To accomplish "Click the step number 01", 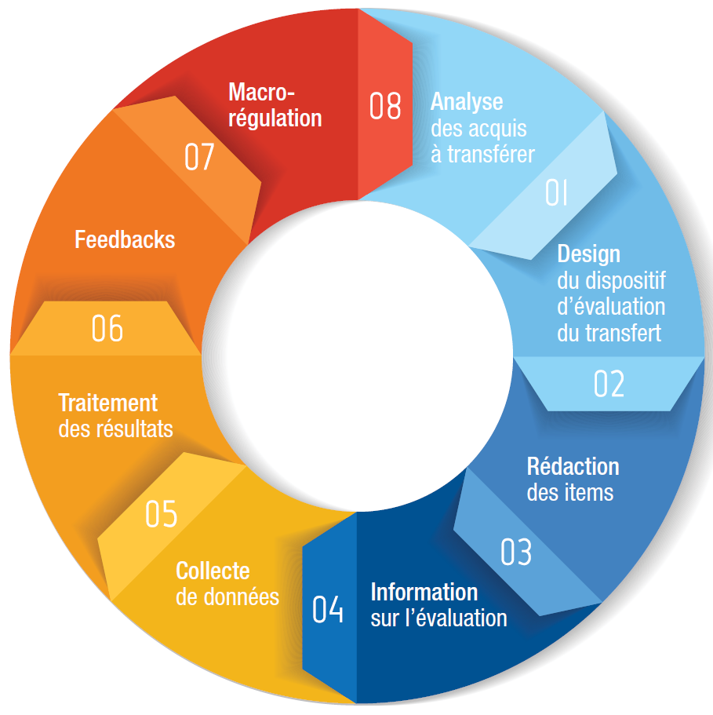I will pyautogui.click(x=556, y=192).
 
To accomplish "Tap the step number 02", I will pyautogui.click(x=609, y=384).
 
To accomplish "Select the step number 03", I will pyautogui.click(x=516, y=553).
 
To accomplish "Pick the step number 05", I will pyautogui.click(x=161, y=514).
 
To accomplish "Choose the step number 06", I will pyautogui.click(x=107, y=329).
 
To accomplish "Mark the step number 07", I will pyautogui.click(x=199, y=157).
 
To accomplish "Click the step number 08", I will pyautogui.click(x=385, y=106).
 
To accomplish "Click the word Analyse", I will pyautogui.click(x=467, y=102).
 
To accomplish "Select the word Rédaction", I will pyautogui.click(x=573, y=467).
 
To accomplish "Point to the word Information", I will pyautogui.click(x=424, y=591).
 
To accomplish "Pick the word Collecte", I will pyautogui.click(x=213, y=571).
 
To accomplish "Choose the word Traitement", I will pyautogui.click(x=108, y=403).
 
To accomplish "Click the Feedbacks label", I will pyautogui.click(x=125, y=239).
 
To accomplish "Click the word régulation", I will pyautogui.click(x=275, y=119).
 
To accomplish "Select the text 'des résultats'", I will pyautogui.click(x=115, y=429).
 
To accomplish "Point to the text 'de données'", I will pyautogui.click(x=227, y=596).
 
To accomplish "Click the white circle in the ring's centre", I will pyautogui.click(x=357, y=357).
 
